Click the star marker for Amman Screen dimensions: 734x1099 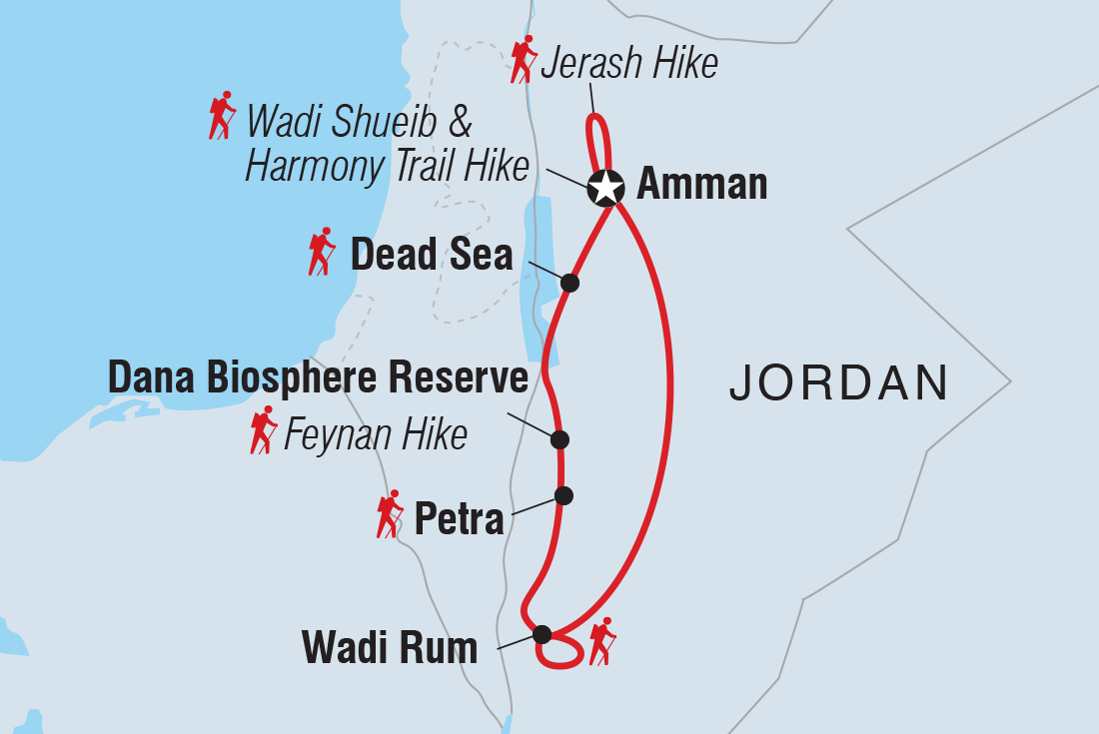coord(605,186)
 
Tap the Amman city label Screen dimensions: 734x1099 coord(701,186)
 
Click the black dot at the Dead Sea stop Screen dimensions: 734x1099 coord(569,283)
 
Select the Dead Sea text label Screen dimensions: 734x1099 coord(431,257)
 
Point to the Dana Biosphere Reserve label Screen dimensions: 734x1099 coord(318,378)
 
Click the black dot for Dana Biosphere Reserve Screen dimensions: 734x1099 coord(559,439)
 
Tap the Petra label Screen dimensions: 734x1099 coord(459,518)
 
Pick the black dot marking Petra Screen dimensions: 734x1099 coord(563,495)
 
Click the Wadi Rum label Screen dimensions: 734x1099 coord(390,649)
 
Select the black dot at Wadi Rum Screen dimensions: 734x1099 coord(542,633)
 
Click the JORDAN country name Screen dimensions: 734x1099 coord(839,383)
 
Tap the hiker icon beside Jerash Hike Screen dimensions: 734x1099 coord(523,60)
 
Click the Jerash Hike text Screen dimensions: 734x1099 coord(628,65)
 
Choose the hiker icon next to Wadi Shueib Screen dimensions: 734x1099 coord(222,115)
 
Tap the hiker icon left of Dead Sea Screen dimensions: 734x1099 coord(321,252)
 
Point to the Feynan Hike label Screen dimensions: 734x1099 coord(376,435)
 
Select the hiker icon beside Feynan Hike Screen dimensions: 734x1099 coord(263,430)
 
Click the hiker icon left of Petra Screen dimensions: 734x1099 coord(389,514)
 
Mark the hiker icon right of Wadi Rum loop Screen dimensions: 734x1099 coord(602,641)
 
